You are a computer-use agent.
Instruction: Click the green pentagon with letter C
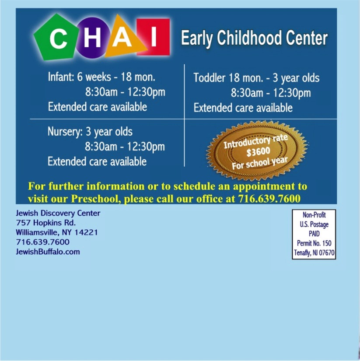pos(56,38)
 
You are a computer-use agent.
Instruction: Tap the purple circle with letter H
pos(91,38)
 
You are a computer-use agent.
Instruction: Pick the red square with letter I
pos(153,37)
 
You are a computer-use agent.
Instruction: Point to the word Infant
pos(61,77)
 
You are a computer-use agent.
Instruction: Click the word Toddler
pos(209,77)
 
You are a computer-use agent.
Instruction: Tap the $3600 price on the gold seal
pos(258,152)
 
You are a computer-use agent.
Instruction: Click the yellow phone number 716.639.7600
pos(269,199)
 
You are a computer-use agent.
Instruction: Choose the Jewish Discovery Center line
pos(58,213)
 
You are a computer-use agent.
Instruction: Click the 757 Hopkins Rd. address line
pos(46,223)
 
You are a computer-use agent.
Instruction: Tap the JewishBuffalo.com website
pos(48,252)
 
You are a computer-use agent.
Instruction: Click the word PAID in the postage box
pos(314,234)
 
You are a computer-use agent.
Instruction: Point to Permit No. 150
pos(314,243)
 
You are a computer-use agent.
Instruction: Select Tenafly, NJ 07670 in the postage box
pos(314,253)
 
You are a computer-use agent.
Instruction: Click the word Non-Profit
pos(314,215)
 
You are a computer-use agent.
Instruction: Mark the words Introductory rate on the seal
pos(255,141)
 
